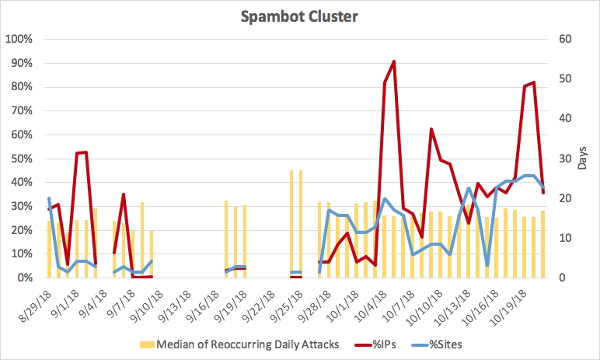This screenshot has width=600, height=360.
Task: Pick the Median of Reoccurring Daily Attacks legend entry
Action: pos(247,344)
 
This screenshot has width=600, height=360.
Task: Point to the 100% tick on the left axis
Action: pos(19,39)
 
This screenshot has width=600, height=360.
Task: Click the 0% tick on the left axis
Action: pos(24,278)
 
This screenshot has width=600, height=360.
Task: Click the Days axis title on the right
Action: pos(583,158)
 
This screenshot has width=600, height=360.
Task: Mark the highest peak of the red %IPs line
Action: pos(394,61)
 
